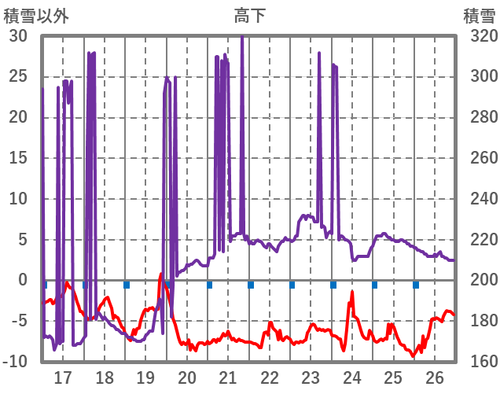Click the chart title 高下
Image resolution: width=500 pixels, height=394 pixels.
[249, 15]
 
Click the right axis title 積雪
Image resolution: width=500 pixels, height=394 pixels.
[479, 15]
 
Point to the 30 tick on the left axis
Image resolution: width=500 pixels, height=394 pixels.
[18, 35]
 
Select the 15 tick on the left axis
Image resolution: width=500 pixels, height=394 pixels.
[18, 158]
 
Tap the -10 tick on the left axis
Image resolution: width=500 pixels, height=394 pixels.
[16, 362]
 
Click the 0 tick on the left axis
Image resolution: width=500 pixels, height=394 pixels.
[23, 280]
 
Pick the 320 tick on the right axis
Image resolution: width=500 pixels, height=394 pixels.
[479, 35]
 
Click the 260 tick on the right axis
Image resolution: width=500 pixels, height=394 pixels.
[479, 158]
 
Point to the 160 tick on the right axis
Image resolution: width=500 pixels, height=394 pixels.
[479, 362]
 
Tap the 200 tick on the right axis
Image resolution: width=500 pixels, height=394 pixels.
[479, 280]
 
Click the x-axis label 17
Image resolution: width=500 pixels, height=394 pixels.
[63, 377]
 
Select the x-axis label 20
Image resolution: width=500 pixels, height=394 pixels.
[187, 377]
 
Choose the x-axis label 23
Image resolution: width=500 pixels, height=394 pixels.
[311, 377]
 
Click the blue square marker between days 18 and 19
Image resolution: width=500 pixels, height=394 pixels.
[126, 285]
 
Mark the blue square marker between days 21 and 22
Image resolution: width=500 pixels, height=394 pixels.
[251, 285]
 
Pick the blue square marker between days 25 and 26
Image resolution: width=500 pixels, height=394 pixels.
[416, 285]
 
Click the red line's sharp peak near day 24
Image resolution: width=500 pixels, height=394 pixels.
[351, 293]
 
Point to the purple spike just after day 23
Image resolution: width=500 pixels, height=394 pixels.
[319, 53]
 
